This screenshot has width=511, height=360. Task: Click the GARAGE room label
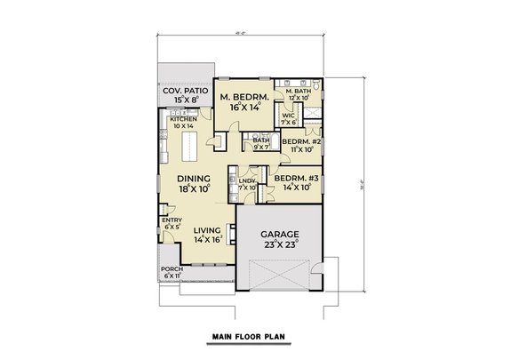tap(280, 234)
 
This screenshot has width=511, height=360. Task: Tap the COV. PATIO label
tap(184, 92)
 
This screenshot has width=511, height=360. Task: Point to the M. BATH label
tap(298, 92)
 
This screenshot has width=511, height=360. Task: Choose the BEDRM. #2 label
tap(300, 141)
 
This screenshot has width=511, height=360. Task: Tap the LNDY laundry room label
tap(246, 180)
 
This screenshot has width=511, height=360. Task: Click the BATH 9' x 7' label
tap(260, 140)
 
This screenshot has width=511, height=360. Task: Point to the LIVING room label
tap(195, 228)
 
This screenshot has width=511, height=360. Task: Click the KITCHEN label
tap(171, 119)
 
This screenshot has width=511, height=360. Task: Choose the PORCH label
tap(171, 270)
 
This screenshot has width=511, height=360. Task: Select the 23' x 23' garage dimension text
tap(280, 245)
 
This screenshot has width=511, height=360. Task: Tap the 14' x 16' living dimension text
tap(195, 239)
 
